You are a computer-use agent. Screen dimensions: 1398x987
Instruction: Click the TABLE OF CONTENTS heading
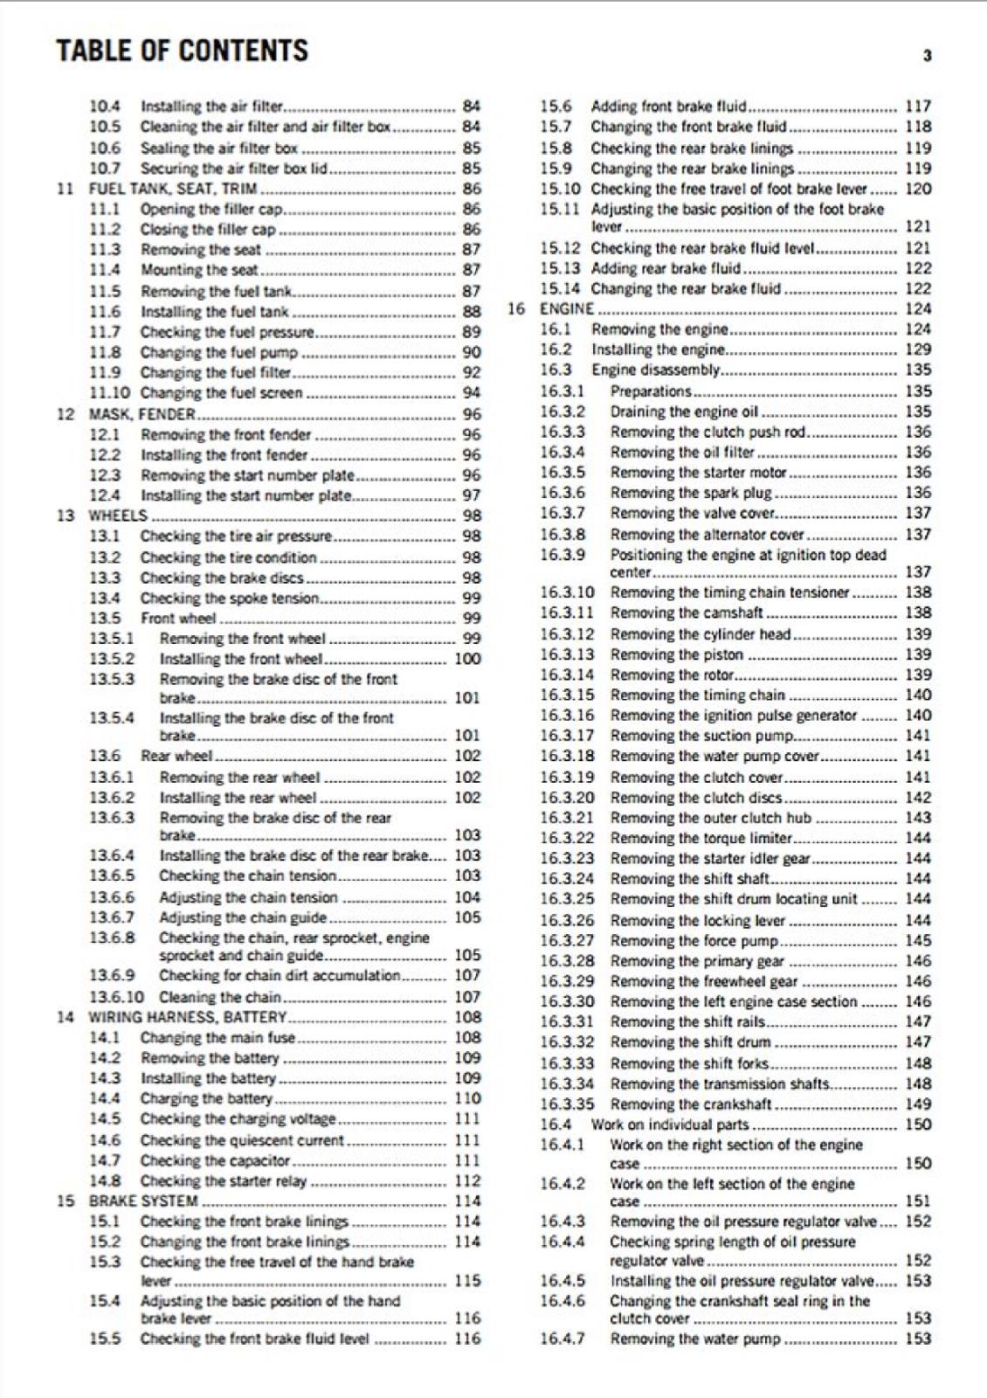tap(182, 51)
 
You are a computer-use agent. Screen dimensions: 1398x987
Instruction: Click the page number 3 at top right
tap(927, 56)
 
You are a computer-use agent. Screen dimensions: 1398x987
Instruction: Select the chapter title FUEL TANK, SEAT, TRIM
tap(173, 189)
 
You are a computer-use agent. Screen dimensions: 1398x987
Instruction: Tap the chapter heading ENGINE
tap(567, 309)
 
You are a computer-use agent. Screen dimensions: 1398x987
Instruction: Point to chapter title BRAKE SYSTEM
tap(143, 1201)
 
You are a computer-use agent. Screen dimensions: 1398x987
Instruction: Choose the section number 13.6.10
tap(116, 997)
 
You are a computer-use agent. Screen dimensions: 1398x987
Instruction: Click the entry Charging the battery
tap(206, 1099)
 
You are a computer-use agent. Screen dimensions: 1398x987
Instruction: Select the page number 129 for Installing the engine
tap(918, 349)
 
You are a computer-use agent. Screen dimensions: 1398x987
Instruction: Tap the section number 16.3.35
tap(566, 1104)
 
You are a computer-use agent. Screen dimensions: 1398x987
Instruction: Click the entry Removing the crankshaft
tap(691, 1104)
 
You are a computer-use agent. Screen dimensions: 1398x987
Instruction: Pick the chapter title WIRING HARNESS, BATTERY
tap(187, 1017)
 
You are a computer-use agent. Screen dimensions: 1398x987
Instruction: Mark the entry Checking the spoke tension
tap(229, 599)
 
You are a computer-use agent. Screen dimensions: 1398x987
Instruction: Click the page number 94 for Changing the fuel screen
tap(471, 393)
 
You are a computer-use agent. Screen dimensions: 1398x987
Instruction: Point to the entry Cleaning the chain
tap(219, 997)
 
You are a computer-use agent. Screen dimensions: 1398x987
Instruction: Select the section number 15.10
tap(559, 189)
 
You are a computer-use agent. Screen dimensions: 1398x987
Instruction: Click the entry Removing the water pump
tap(694, 1339)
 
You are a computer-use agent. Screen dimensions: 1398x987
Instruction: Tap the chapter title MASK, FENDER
tap(141, 414)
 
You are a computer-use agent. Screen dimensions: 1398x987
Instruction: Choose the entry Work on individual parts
tap(670, 1125)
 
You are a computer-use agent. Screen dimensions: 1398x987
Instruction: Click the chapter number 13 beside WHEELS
tap(66, 516)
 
